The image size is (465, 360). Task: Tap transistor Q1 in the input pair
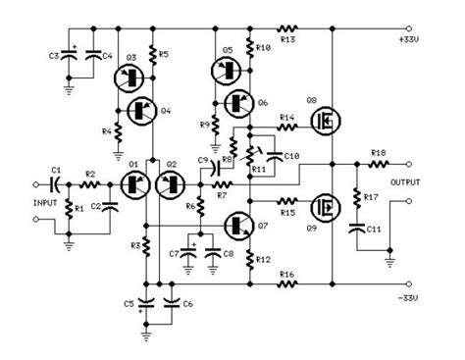pyautogui.click(x=134, y=182)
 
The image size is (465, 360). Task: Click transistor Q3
pyautogui.click(x=127, y=80)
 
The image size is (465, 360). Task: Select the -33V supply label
pyautogui.click(x=433, y=296)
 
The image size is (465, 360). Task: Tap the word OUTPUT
pyautogui.click(x=434, y=181)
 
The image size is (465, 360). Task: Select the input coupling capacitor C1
pyautogui.click(x=57, y=182)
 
